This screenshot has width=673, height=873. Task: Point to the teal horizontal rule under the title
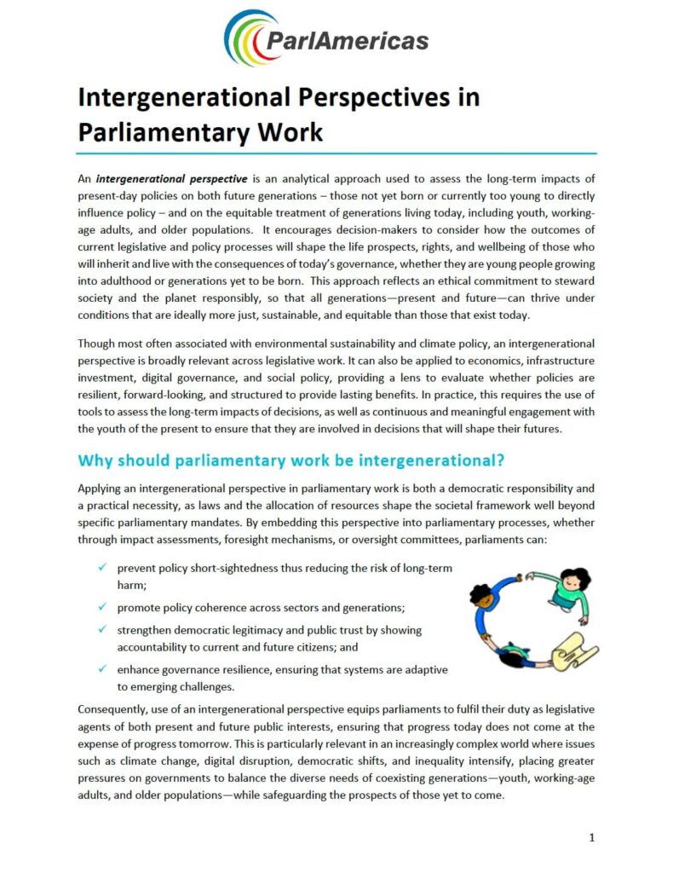point(336,153)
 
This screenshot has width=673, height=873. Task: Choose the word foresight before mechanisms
point(355,539)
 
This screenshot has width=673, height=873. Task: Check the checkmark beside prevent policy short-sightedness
point(102,568)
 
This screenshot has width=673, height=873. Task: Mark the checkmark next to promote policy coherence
point(102,607)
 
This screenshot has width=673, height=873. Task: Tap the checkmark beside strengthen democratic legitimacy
point(102,630)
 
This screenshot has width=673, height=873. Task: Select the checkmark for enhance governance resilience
point(102,670)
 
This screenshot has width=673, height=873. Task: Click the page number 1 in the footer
point(591,837)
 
